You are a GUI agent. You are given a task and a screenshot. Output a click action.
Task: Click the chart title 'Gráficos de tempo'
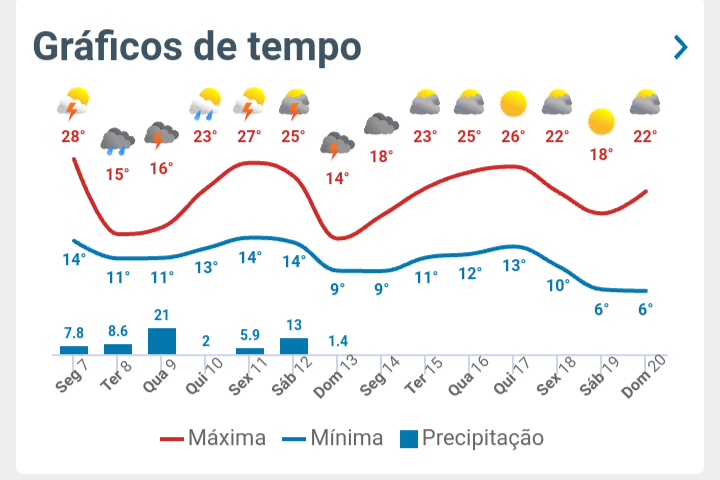197,46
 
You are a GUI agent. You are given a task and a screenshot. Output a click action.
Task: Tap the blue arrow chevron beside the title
681,47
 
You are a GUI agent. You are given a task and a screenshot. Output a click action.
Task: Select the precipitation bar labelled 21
162,340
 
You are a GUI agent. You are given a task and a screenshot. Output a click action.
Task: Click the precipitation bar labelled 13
294,345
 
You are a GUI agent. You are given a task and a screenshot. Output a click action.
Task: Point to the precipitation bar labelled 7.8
74,349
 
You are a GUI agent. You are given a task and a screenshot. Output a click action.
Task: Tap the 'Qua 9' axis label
160,377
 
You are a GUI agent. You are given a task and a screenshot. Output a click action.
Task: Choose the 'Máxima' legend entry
213,438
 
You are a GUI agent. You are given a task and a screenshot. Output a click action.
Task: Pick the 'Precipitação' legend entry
471,438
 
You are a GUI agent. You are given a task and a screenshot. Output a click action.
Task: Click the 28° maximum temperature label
73,136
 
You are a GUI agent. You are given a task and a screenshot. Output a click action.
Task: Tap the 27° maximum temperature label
249,136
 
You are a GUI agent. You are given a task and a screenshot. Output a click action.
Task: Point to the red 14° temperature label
337,178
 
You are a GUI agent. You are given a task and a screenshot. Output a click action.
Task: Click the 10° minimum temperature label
558,285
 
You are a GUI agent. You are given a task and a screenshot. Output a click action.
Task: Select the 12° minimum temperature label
470,273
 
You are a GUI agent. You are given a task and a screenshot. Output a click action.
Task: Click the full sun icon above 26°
513,103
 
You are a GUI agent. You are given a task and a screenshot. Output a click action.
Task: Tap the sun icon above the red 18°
601,122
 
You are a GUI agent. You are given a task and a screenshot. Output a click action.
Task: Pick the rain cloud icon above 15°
118,142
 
